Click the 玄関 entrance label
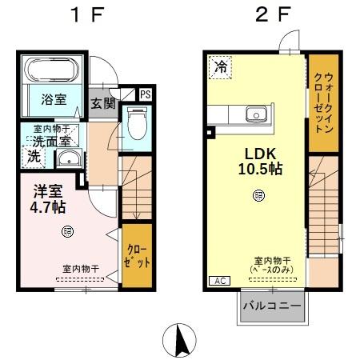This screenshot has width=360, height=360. click(102, 103)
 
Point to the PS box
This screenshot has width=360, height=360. click(145, 94)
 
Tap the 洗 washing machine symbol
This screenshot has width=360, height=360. click(34, 157)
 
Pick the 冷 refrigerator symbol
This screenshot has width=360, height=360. click(219, 68)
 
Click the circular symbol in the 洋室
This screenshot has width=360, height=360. click(67, 231)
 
